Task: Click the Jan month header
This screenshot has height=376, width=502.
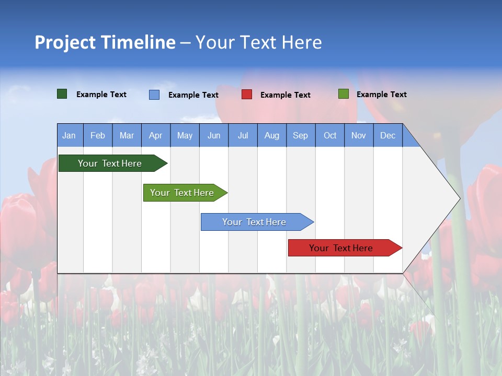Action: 70,135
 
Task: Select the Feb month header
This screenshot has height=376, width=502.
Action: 98,135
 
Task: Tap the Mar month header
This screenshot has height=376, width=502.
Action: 127,135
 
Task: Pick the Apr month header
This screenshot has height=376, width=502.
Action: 156,135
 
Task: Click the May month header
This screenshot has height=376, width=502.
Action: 185,135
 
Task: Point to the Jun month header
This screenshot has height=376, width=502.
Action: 214,135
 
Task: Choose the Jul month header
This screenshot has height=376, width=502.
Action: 243,135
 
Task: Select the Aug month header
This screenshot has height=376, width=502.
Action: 272,135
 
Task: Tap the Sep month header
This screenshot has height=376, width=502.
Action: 301,135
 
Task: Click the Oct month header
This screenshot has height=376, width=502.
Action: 330,135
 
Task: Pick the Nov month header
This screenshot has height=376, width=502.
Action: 359,135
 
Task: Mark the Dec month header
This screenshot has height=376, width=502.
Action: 388,135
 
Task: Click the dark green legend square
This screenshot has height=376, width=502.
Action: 62,94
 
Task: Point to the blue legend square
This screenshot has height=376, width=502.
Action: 154,95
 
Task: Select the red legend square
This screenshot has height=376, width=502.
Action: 247,95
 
